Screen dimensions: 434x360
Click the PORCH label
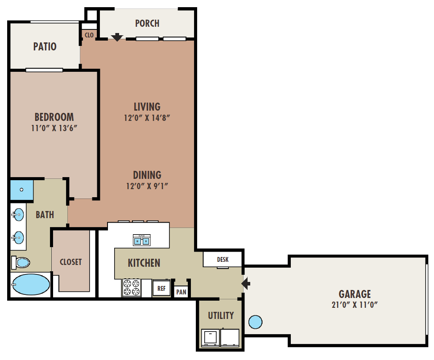[x=147, y=23]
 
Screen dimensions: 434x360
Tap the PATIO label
[x=45, y=46]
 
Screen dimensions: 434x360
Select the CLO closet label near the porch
[x=89, y=35]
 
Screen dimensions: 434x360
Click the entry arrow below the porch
[x=117, y=37]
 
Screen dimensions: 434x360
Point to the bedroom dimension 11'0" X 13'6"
[x=54, y=128]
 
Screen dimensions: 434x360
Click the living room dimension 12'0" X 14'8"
[x=147, y=118]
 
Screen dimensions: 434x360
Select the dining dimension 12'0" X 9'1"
[x=147, y=186]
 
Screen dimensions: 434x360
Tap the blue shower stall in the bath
[x=21, y=190]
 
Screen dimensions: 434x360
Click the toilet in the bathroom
[x=21, y=262]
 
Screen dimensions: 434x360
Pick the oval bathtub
[x=30, y=285]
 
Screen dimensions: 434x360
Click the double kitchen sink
[x=142, y=240]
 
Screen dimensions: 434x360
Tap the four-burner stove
[x=132, y=287]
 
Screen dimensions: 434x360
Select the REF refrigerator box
[x=161, y=288]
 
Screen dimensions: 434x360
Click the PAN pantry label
[x=181, y=292]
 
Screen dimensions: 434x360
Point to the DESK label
[x=223, y=260]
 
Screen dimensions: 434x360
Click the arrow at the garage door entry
[x=246, y=284]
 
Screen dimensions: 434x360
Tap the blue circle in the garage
[x=255, y=322]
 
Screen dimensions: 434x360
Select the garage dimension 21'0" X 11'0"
[x=355, y=305]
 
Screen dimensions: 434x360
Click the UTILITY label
[x=221, y=315]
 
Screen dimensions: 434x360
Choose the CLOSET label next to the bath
[x=71, y=262]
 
